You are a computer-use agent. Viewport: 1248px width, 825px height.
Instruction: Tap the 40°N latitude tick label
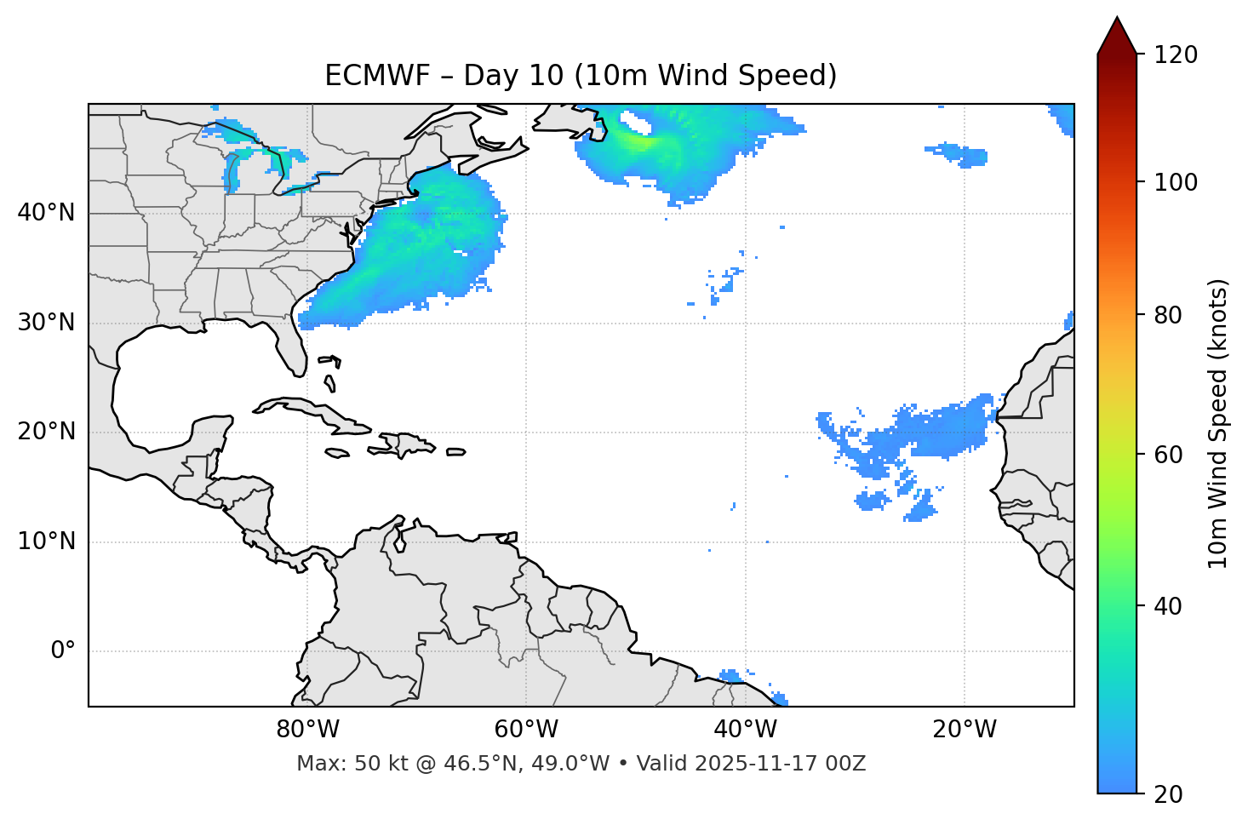click(46, 213)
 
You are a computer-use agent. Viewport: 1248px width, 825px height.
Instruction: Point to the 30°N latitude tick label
click(46, 323)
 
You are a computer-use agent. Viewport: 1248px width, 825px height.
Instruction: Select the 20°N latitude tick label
click(46, 432)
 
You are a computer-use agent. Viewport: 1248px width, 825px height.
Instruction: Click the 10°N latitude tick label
click(46, 541)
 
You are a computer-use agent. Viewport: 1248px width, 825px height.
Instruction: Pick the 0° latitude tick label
click(63, 651)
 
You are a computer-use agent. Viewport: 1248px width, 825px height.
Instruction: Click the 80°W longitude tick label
click(307, 730)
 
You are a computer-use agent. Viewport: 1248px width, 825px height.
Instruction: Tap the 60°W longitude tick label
click(526, 730)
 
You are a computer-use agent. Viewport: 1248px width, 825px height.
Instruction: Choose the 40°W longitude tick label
click(745, 730)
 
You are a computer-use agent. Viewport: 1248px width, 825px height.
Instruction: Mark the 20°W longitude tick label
click(964, 730)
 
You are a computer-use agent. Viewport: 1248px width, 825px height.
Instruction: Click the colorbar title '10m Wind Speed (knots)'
click(1218, 423)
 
